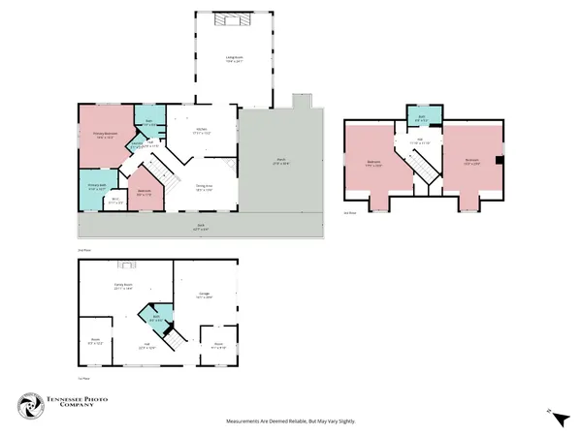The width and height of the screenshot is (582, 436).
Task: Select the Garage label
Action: [205, 296]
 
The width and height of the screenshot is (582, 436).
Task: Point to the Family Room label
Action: [122, 286]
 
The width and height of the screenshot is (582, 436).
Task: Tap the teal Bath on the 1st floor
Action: [154, 315]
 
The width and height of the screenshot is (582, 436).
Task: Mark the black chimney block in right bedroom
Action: [499, 162]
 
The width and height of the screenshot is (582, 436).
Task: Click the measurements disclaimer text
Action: [290, 420]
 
